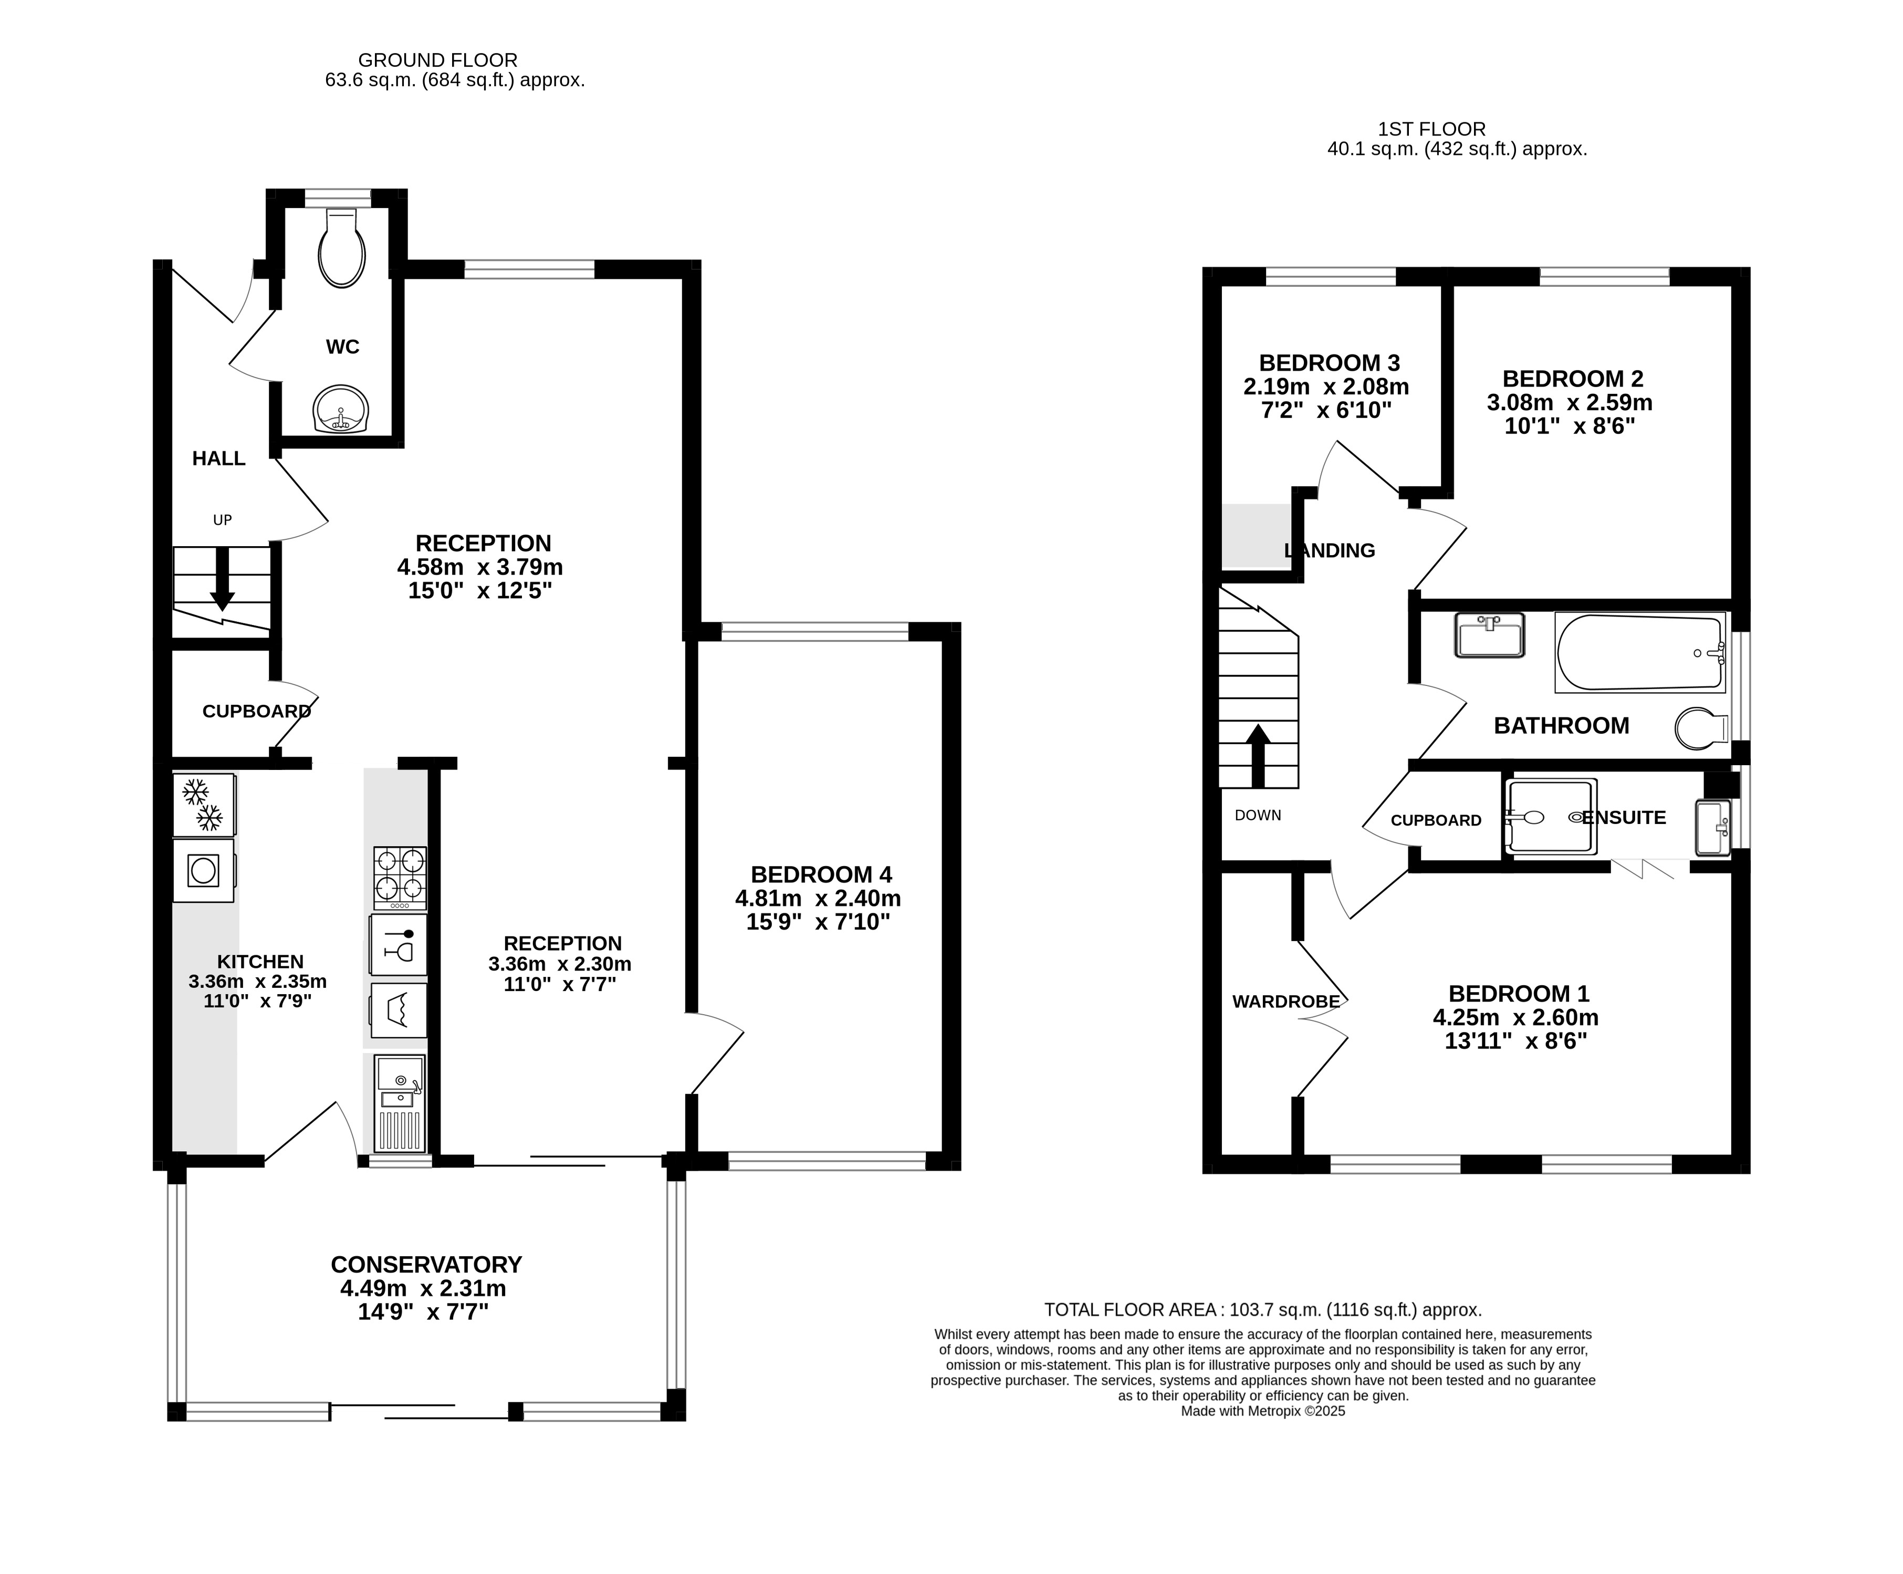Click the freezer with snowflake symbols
click(x=204, y=805)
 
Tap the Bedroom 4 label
click(x=821, y=874)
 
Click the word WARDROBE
click(x=1285, y=1002)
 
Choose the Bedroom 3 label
click(x=1329, y=362)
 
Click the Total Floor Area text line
click(x=1262, y=1309)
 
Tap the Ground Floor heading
click(x=438, y=60)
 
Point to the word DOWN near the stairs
click(x=1258, y=815)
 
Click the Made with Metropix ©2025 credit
click(x=1262, y=1411)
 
